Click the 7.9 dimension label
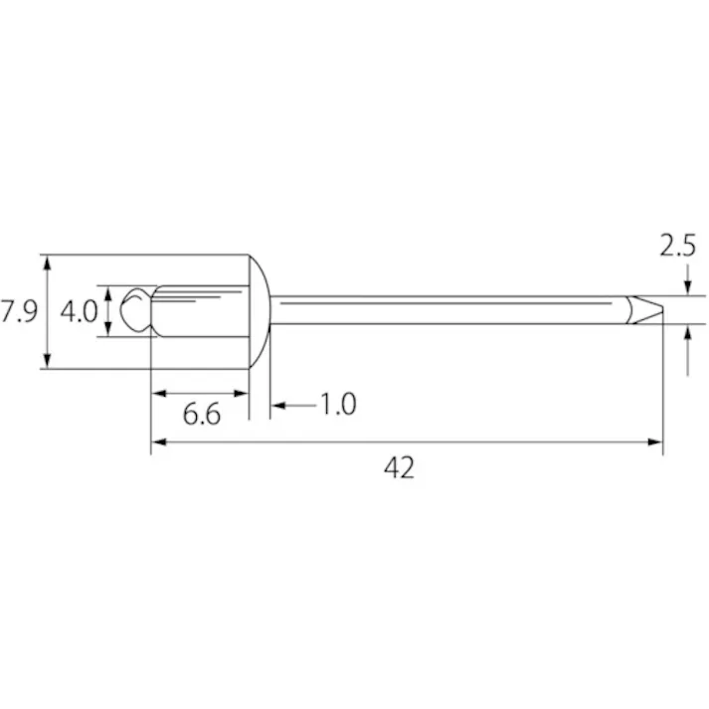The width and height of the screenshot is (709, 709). tap(19, 311)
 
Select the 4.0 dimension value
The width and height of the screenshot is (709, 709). tap(80, 311)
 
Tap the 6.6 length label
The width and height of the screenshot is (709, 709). tap(202, 414)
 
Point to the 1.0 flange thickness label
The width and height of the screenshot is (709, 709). tap(338, 404)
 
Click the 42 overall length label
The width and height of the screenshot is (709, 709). tap(399, 467)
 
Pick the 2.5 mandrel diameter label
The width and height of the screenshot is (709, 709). tap(677, 246)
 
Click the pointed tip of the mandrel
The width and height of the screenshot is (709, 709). tap(662, 309)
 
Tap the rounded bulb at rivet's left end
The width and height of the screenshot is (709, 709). tap(135, 310)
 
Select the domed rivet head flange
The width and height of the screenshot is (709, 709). tap(260, 311)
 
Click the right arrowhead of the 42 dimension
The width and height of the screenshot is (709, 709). tap(655, 442)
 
